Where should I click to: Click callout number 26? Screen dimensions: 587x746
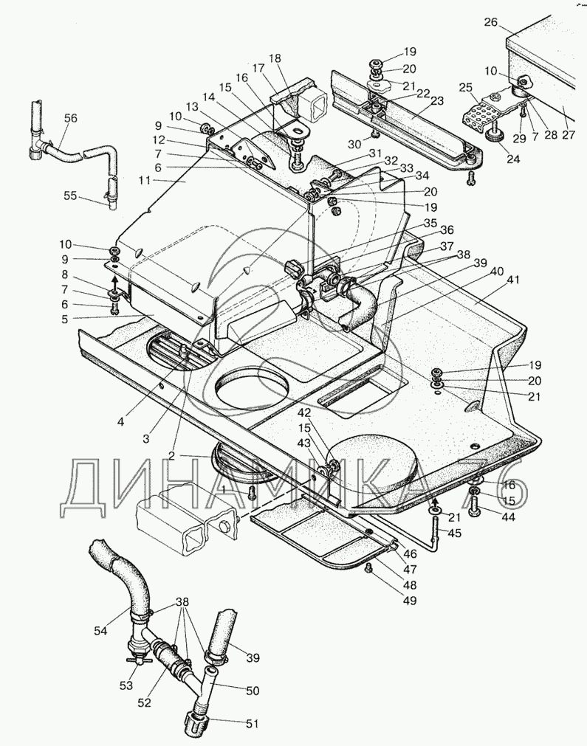tap(490, 22)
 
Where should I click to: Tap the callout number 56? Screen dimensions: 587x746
tap(70, 118)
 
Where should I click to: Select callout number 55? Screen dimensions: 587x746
tap(70, 196)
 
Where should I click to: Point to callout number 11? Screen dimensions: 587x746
tap(144, 180)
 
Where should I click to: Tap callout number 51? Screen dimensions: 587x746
tap(252, 724)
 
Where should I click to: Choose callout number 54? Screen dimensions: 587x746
tap(100, 631)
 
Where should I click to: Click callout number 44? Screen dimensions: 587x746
tap(508, 517)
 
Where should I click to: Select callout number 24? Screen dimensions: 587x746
tap(512, 159)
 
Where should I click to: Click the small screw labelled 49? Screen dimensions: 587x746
tap(368, 569)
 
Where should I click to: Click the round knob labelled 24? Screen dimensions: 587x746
tap(495, 136)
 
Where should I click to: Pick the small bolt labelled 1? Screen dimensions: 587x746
tap(252, 492)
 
